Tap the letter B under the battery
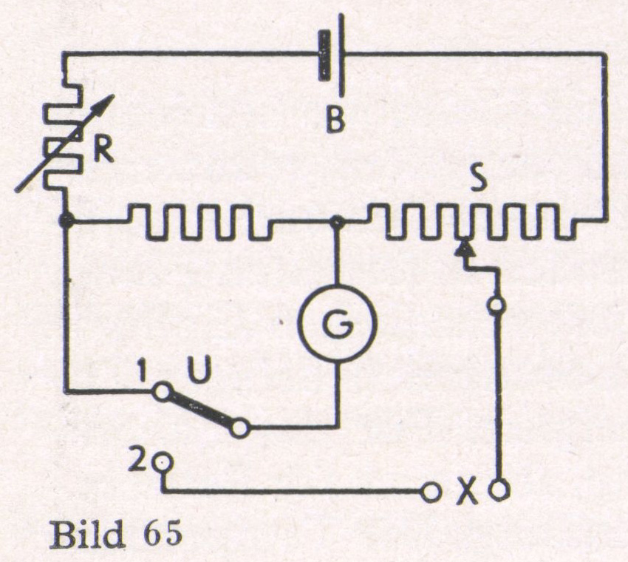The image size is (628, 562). (x=337, y=119)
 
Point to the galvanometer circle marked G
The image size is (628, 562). (x=337, y=322)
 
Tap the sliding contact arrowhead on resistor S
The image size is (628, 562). (x=464, y=249)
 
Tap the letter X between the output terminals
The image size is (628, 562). (x=465, y=492)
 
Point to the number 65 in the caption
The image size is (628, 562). (x=160, y=535)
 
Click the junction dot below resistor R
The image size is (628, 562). (x=66, y=220)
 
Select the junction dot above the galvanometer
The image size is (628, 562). (x=337, y=220)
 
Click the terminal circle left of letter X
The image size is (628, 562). (x=429, y=490)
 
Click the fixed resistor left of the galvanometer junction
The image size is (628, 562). (x=199, y=222)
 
